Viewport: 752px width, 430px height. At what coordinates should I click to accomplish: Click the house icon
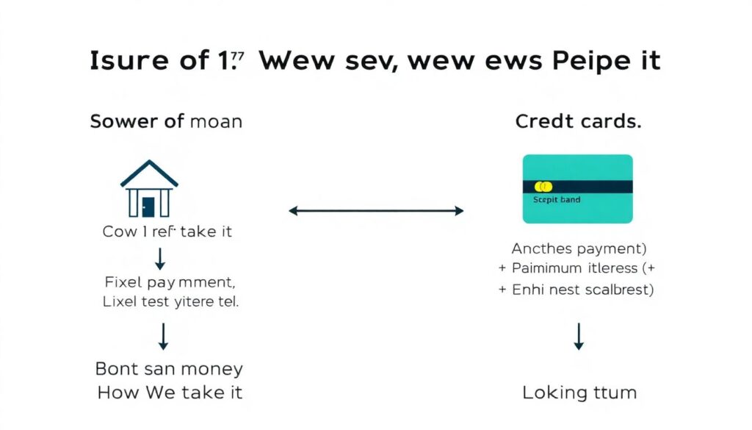pos(149,189)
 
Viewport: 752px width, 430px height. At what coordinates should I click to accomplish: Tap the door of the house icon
pos(149,207)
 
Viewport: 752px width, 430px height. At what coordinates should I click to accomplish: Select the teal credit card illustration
pos(577,189)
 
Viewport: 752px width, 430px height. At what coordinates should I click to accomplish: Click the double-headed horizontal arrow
pos(376,211)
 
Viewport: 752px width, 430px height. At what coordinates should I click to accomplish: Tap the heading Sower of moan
pos(166,121)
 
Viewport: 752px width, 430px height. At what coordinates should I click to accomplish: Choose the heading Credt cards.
pos(577,121)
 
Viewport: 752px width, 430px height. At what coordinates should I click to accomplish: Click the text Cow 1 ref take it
pos(168,232)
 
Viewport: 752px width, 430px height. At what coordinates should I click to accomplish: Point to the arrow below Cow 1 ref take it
pos(161,258)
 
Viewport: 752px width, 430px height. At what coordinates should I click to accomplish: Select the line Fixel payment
pos(169,282)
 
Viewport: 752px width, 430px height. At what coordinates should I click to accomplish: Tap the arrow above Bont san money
pos(163,336)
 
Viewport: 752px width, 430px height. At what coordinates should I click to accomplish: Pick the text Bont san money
pos(169,369)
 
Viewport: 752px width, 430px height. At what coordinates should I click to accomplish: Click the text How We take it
pos(169,393)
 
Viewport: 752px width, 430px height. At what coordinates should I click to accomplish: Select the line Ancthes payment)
pos(578,248)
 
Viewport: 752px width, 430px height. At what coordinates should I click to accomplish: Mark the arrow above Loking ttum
pos(579,336)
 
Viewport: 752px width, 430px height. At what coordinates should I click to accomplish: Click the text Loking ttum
pos(579,393)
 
